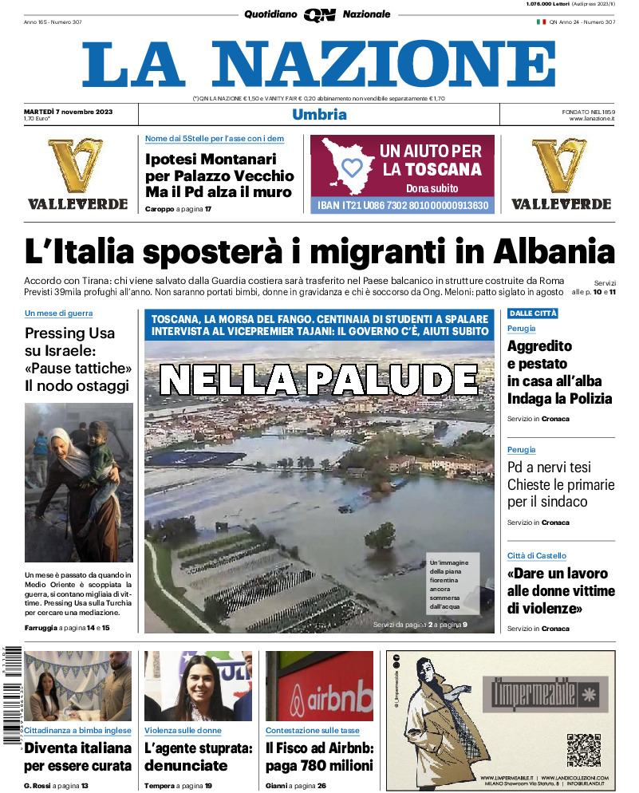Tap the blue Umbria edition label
(319, 114)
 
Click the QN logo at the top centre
(319, 14)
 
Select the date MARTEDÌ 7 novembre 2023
(69, 111)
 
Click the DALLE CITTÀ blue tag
(533, 314)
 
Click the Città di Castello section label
(537, 555)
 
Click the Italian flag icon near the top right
(541, 22)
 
